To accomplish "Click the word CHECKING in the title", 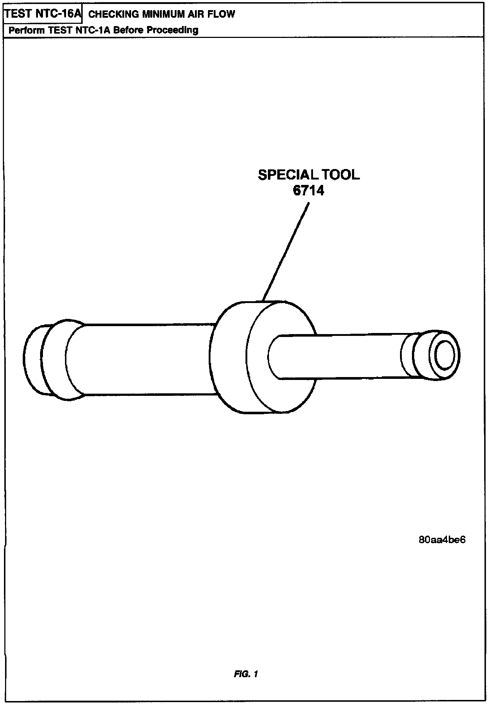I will pyautogui.click(x=109, y=14).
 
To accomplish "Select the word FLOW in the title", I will pyautogui.click(x=221, y=14).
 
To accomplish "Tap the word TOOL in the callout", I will pyautogui.click(x=341, y=175).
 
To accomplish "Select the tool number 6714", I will pyautogui.click(x=308, y=190).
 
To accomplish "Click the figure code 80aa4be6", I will pyautogui.click(x=442, y=540).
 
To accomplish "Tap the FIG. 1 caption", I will pyautogui.click(x=245, y=674).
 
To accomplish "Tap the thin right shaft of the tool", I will pyautogui.click(x=343, y=357).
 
